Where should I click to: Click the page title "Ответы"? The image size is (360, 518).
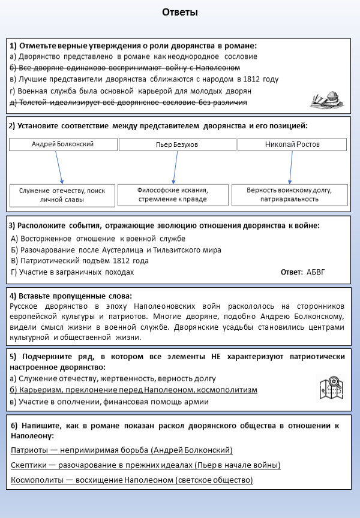(180, 13)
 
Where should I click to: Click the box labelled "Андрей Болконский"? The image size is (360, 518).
(62, 144)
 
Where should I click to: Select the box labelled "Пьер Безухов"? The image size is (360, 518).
(177, 145)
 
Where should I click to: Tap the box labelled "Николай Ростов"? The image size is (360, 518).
(292, 144)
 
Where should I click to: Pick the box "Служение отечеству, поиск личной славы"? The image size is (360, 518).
(62, 195)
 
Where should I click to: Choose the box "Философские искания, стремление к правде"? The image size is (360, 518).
(173, 194)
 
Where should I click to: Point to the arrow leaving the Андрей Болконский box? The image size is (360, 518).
(59, 167)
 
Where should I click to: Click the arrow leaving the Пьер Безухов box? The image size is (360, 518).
(175, 167)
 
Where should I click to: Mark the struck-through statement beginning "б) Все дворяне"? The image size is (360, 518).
(125, 68)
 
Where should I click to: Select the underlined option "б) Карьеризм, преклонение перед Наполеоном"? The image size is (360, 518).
(134, 390)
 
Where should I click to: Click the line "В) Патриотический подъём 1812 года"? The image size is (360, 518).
(80, 261)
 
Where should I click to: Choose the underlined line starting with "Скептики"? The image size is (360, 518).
(146, 465)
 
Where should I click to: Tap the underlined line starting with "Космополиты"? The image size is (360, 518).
(132, 480)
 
